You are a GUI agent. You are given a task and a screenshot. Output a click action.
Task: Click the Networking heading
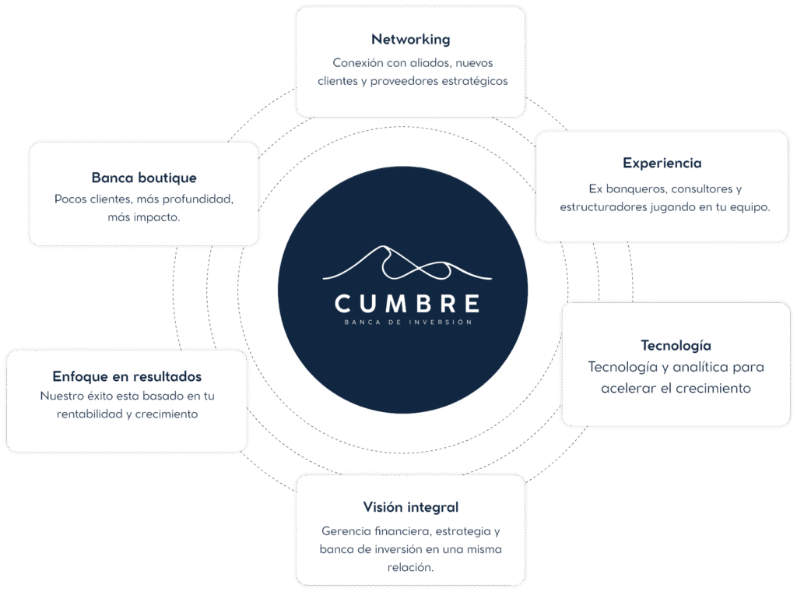(x=410, y=40)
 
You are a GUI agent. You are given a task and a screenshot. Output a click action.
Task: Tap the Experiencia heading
(x=662, y=163)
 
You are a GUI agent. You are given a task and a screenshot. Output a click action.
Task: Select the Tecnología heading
(x=676, y=345)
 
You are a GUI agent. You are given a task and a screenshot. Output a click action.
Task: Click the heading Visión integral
(x=410, y=507)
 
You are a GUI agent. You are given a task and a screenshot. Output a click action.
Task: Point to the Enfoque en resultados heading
(x=127, y=375)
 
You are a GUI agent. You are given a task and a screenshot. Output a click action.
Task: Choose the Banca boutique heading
(x=144, y=178)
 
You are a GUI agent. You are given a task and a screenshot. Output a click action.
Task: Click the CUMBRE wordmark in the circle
(x=407, y=302)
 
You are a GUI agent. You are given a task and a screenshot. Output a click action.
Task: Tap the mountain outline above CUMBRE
(x=407, y=263)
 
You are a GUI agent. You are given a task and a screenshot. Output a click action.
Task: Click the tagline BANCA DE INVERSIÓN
(x=407, y=321)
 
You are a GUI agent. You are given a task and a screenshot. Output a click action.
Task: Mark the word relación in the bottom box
(x=410, y=567)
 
